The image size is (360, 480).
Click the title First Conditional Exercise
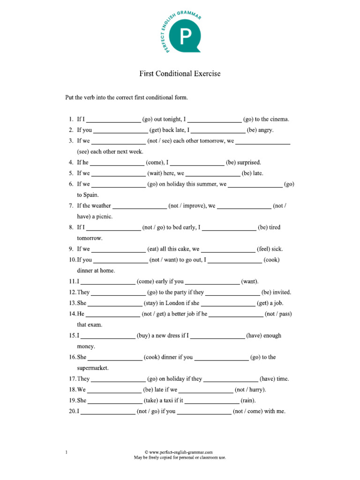coord(180,74)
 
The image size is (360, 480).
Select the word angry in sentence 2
coord(264,130)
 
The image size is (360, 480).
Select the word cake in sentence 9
coord(182,249)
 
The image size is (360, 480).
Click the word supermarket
coord(93,368)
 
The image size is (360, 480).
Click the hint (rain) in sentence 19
coord(248,400)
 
